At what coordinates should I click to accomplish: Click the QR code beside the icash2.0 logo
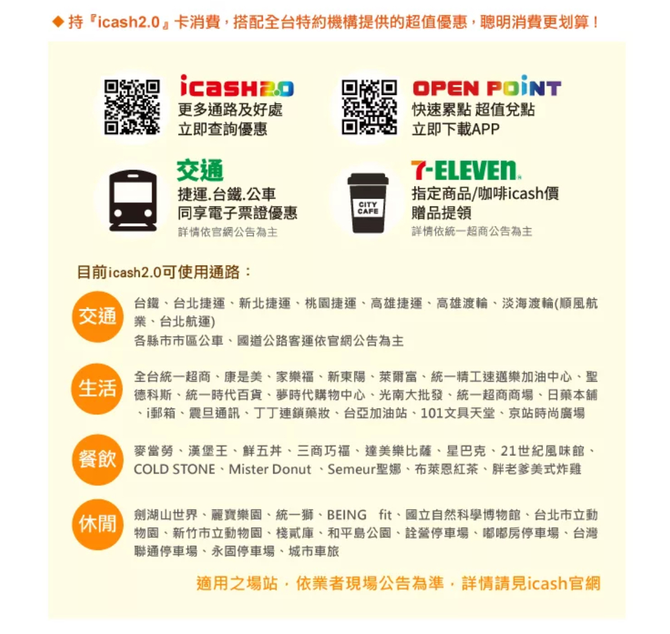pos(132,107)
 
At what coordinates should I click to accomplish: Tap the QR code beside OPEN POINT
pos(369,107)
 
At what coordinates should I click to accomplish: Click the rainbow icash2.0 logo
pos(237,86)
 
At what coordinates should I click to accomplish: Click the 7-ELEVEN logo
pos(466,171)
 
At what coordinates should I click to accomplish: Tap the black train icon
pos(133,201)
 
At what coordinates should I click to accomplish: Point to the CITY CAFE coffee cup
pos(368,203)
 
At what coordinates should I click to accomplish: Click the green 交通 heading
pos(200,170)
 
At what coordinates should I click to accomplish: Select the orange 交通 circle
pos(98,316)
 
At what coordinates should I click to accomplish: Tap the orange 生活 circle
pos(98,389)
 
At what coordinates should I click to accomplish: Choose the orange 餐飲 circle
pos(98,459)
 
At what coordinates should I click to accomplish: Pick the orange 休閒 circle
pos(98,524)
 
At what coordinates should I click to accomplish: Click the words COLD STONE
pos(174,469)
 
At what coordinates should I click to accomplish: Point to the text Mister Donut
pos(270,469)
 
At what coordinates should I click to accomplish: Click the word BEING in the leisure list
pos(346,515)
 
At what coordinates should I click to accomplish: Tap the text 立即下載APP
pos(455,129)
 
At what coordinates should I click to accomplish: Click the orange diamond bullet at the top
pos(58,21)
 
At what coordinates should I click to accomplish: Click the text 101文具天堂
pos(458,413)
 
